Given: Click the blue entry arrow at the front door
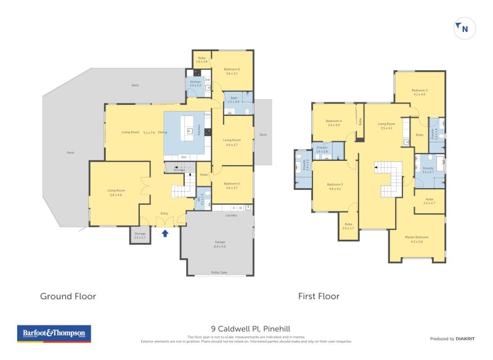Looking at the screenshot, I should pos(165,233).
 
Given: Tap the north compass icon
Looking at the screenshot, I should pos(464,28).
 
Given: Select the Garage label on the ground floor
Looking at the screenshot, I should pos(219,243).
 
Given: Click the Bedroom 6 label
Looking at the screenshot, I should pos(231,70).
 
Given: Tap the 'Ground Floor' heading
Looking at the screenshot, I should pos(68,296).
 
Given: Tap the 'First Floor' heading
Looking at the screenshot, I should pos(319,296).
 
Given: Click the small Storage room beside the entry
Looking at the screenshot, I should pos(140,235).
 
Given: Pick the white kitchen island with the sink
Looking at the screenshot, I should pos(191,130).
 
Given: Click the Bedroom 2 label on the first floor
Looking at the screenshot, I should pos(420,91).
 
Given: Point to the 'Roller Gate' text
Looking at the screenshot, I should pos(219,271).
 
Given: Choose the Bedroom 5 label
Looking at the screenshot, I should pos(231,184).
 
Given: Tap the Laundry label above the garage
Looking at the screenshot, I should pos(231,215).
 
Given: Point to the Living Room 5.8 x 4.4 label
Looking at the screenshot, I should pos(115,192).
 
